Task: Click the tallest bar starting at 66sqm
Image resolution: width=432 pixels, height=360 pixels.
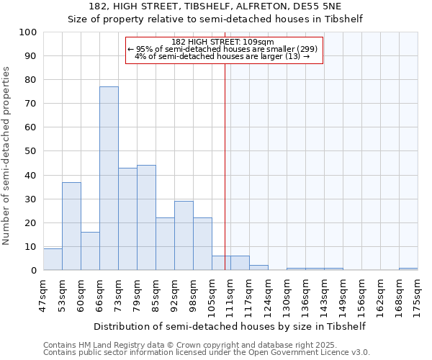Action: click(x=109, y=179)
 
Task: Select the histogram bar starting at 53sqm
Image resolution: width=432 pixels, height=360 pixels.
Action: click(x=71, y=226)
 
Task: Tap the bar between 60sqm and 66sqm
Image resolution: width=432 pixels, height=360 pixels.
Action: click(x=90, y=251)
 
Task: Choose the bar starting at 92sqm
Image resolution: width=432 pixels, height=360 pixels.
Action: click(x=184, y=235)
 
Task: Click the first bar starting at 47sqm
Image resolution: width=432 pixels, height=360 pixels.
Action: click(x=53, y=259)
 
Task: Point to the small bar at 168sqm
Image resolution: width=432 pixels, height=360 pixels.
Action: click(x=408, y=269)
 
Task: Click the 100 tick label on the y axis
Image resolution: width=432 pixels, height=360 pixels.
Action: click(x=28, y=32)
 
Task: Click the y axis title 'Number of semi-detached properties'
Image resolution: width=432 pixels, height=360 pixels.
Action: click(x=7, y=156)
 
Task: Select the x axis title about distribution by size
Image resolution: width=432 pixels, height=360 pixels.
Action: click(x=230, y=326)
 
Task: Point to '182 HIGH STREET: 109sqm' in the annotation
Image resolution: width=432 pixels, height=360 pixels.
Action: click(x=223, y=42)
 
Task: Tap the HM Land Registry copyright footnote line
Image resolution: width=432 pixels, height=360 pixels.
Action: click(x=175, y=345)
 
